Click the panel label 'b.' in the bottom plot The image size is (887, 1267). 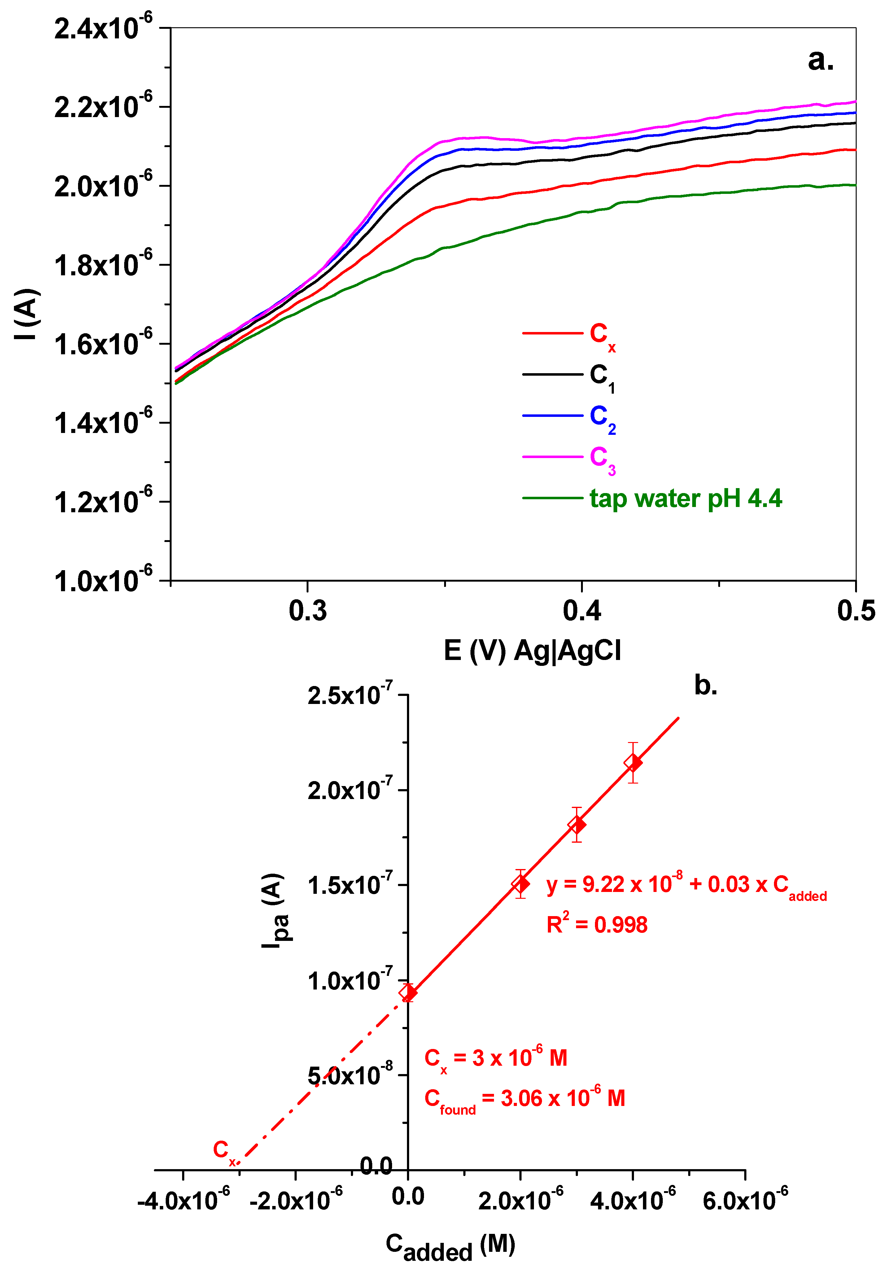[x=706, y=686]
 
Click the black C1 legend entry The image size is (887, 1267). [x=602, y=376]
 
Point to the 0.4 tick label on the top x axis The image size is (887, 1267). [x=582, y=611]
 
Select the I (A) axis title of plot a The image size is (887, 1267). [x=26, y=313]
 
